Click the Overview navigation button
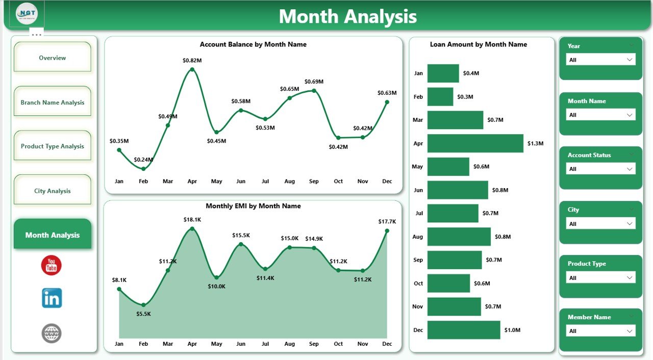[x=52, y=58]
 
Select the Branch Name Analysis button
[x=52, y=102]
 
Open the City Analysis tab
[x=52, y=191]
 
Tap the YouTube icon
[x=52, y=266]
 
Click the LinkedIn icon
[x=52, y=298]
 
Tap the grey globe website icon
[x=52, y=333]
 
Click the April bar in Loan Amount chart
[x=475, y=143]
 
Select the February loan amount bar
[x=440, y=96]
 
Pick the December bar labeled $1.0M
[x=463, y=330]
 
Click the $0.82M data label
[x=192, y=60]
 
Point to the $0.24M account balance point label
[x=143, y=160]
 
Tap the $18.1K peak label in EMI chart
[x=192, y=220]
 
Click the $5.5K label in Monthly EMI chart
[x=143, y=314]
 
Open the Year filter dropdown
[x=601, y=60]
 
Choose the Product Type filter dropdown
[x=601, y=278]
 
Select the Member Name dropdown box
[x=601, y=331]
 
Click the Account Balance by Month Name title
[x=253, y=44]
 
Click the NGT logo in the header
[x=27, y=13]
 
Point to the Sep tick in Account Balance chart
[x=314, y=181]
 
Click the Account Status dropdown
[x=601, y=169]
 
